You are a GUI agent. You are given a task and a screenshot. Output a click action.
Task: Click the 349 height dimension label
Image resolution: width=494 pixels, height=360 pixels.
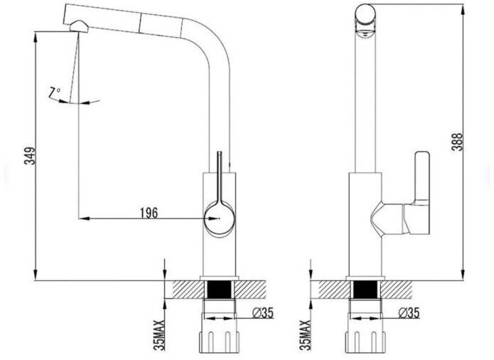click(x=31, y=156)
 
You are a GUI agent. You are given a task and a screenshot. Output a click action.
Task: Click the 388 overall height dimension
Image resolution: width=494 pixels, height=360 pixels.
click(x=457, y=142)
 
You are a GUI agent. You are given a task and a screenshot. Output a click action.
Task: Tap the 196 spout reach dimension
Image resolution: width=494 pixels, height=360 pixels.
click(x=149, y=213)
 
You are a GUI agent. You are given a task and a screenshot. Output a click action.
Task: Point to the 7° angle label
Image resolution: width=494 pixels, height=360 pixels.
click(x=54, y=92)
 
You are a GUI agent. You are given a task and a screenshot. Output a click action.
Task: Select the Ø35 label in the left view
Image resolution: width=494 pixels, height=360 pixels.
click(x=263, y=313)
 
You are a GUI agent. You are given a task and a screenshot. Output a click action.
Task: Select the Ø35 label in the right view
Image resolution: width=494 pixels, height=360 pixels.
click(x=409, y=313)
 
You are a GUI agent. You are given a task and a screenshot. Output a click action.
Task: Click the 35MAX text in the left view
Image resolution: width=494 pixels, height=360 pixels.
click(x=159, y=335)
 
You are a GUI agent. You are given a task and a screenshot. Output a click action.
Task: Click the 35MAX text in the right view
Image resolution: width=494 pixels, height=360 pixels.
click(x=305, y=335)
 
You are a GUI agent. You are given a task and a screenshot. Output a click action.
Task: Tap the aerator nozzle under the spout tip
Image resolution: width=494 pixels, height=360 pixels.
click(x=79, y=26)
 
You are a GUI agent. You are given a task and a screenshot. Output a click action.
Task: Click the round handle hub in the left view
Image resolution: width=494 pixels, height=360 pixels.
click(x=219, y=218)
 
